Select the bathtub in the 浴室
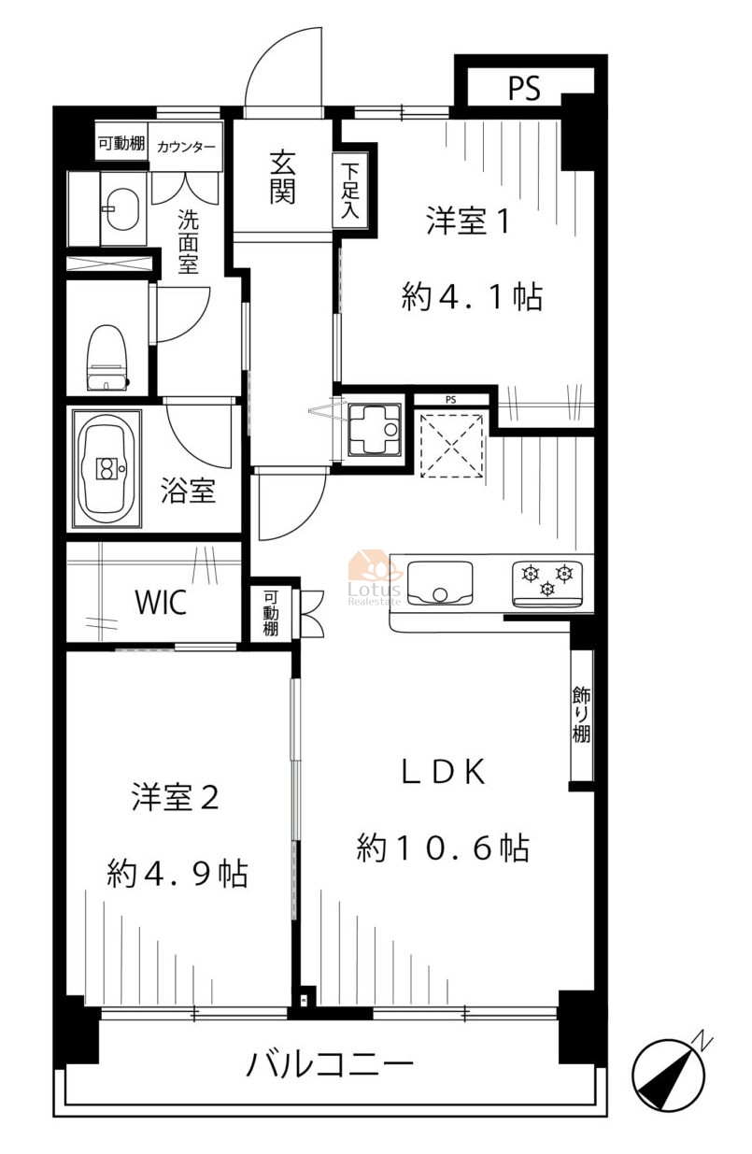(x=106, y=468)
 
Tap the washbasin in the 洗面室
(x=122, y=208)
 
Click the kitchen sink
(x=439, y=583)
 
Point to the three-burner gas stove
(x=547, y=584)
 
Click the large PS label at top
(x=524, y=88)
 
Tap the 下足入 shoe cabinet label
(x=350, y=190)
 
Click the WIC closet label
(x=160, y=602)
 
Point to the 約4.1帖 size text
(x=472, y=297)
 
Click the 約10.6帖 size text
(x=443, y=848)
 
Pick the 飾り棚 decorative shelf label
(x=581, y=714)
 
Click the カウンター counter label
(x=186, y=147)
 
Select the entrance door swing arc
(x=284, y=67)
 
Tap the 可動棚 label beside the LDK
(x=271, y=613)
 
